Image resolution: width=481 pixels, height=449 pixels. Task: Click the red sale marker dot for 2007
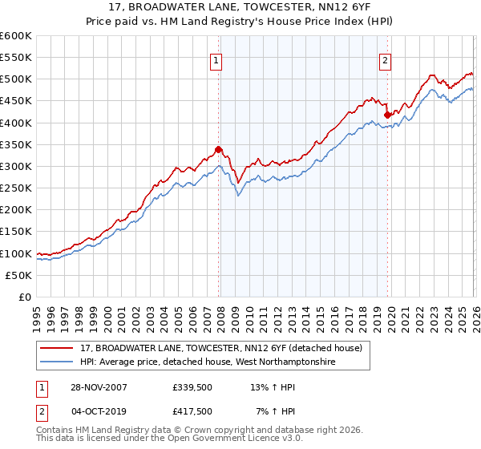pos(218,149)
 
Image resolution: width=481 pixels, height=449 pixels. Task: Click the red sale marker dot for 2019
pos(386,115)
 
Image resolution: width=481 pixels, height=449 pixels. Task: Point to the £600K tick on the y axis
pos(16,36)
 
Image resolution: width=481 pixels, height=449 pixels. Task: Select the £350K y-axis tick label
pos(16,145)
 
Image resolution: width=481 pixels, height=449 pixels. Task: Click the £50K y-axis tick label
pos(19,275)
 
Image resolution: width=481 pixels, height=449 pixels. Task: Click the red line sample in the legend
pos(58,349)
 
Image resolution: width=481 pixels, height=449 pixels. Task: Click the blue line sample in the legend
pos(58,362)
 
